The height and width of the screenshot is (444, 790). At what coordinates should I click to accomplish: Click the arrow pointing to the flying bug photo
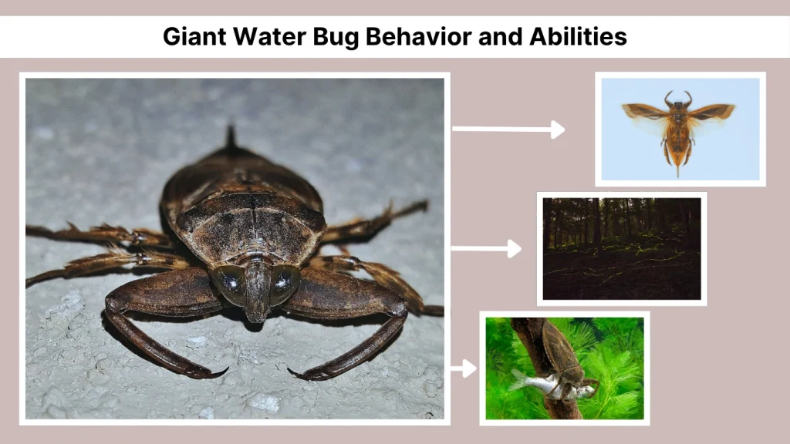point(508,129)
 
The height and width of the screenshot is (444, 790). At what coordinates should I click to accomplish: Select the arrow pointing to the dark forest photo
point(486,248)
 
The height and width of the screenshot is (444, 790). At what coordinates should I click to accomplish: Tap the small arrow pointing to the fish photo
point(463,368)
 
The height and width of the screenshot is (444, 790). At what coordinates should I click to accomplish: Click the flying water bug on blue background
point(678,129)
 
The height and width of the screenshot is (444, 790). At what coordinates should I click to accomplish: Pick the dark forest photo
point(622,248)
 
